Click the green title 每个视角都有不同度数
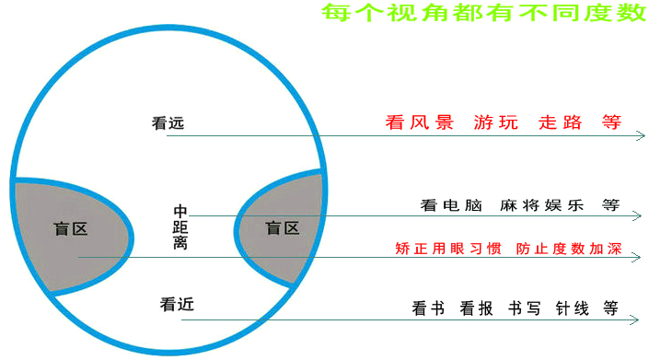(483, 13)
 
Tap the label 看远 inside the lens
(168, 122)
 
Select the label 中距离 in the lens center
(180, 226)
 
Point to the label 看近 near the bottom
(176, 304)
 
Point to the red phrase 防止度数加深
(565, 249)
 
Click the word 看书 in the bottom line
(428, 308)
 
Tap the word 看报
(476, 308)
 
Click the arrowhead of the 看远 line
(641, 136)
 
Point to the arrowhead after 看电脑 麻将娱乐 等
(637, 216)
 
